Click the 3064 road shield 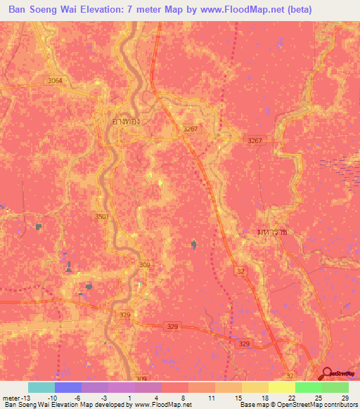55,81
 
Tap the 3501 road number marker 102,217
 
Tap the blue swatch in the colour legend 68,387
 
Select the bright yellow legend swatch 281,387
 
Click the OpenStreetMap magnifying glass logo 327,372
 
